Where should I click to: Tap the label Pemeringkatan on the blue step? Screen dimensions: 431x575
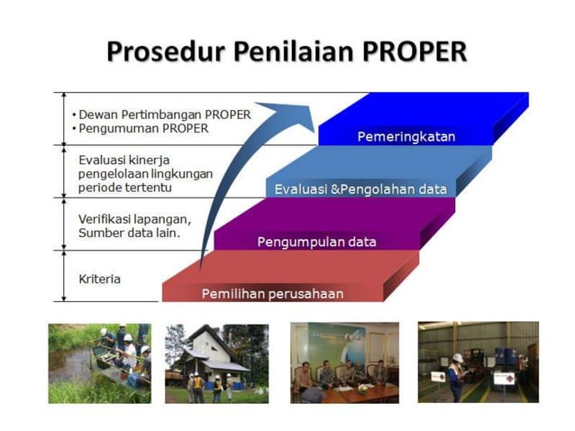point(406,137)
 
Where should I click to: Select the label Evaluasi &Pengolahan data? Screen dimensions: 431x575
point(361,189)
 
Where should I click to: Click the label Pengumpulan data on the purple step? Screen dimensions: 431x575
point(316,242)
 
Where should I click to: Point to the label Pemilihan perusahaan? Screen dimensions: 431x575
point(272,293)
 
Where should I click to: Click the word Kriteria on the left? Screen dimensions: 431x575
point(99,279)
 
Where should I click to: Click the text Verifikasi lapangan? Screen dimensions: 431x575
point(134,219)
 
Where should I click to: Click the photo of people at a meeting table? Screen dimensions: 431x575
point(344,362)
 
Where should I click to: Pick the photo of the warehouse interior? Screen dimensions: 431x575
point(478,362)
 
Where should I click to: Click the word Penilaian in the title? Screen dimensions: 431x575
point(287,51)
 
